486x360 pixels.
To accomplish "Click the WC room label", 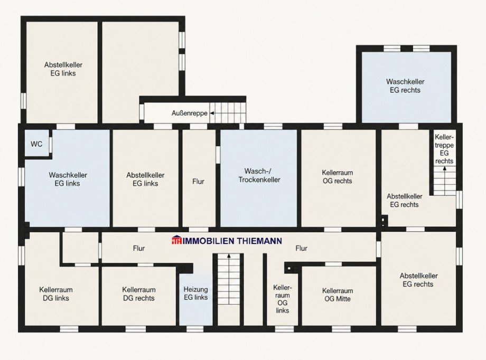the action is [x=36, y=144].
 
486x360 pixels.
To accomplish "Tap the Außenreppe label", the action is [x=189, y=113].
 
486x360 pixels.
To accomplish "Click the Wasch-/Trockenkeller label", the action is [x=259, y=175].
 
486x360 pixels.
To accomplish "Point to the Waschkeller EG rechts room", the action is [x=406, y=87].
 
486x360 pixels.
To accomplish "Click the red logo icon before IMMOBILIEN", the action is [x=176, y=240].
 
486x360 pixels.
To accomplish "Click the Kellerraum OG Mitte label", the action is [x=337, y=295].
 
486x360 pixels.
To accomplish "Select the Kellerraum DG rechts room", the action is [x=138, y=296].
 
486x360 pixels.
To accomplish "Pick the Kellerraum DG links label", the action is [x=56, y=293].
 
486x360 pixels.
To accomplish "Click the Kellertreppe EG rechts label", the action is [x=444, y=149].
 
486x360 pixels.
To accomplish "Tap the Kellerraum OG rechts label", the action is [x=337, y=177].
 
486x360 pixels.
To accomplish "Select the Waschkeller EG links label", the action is [x=68, y=179].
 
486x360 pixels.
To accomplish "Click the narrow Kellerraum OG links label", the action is [x=283, y=299].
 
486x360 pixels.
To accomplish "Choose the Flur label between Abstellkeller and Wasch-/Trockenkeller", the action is [x=198, y=181].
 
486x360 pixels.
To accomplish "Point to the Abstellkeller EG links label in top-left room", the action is [x=63, y=69].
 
